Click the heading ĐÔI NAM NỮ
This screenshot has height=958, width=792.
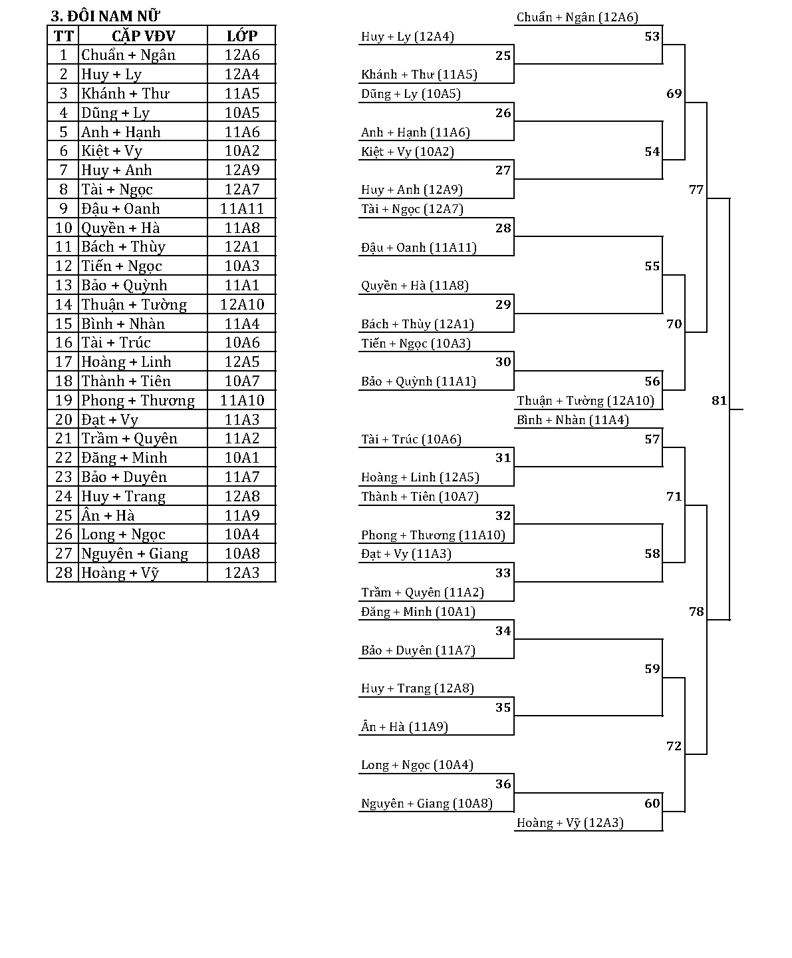(x=106, y=17)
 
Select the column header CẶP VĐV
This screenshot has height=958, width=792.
(x=143, y=36)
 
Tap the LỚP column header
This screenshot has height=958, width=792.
(x=241, y=36)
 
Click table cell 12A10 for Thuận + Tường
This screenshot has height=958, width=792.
(x=241, y=305)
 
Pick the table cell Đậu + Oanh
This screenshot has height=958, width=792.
(x=120, y=209)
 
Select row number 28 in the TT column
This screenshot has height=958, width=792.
(x=63, y=573)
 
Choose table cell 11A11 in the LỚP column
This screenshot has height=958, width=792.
(x=241, y=209)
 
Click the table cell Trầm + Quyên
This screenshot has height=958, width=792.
(x=129, y=439)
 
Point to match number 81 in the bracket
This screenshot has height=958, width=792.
(x=719, y=401)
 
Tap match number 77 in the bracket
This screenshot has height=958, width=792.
(x=696, y=190)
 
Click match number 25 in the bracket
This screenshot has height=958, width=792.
(x=503, y=56)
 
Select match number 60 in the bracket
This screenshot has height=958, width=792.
(x=652, y=804)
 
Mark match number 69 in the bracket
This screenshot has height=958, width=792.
(x=674, y=94)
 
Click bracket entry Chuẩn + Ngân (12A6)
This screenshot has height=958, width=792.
(x=577, y=18)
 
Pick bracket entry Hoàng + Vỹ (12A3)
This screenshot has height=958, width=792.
(x=570, y=823)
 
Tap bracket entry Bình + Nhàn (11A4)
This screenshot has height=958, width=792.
(x=573, y=420)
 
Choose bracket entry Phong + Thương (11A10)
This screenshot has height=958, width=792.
(x=433, y=535)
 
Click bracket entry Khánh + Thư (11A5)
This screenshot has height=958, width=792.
(x=419, y=75)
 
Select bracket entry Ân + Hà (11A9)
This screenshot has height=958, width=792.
(x=404, y=727)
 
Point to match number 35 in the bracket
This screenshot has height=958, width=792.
(x=503, y=708)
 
